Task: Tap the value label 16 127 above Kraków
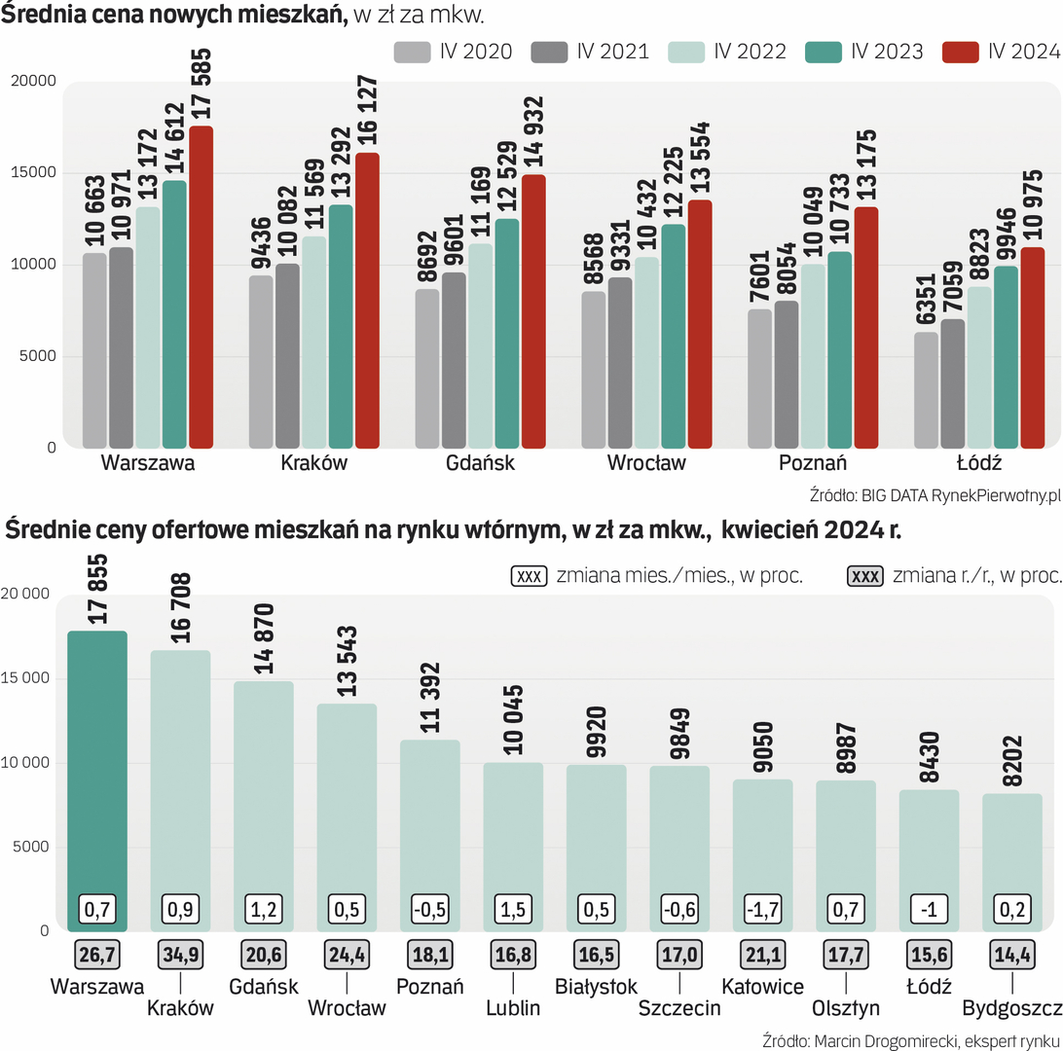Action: click(x=368, y=100)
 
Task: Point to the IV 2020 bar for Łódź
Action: click(x=927, y=389)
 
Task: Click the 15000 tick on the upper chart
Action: click(x=38, y=173)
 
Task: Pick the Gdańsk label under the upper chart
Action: click(x=481, y=463)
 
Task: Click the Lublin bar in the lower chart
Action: click(x=514, y=846)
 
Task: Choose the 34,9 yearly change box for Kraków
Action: click(x=180, y=954)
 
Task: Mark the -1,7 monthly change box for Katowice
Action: click(x=763, y=911)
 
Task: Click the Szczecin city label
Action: click(x=679, y=1008)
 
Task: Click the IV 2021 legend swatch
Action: click(x=550, y=52)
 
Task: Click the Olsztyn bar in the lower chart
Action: click(x=846, y=855)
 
